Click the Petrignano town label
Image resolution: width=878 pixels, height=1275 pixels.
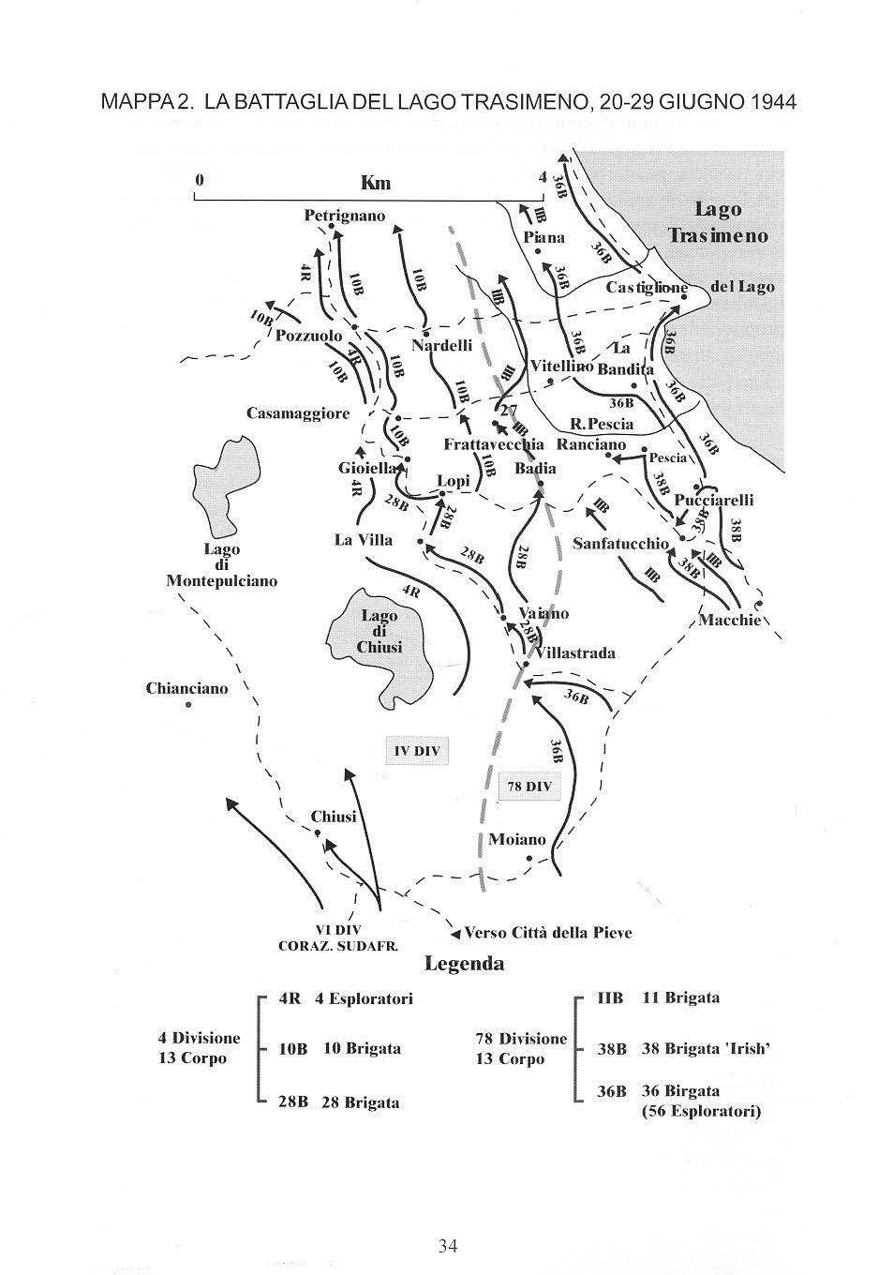point(345,216)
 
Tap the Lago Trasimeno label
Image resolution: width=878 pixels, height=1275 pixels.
point(718,222)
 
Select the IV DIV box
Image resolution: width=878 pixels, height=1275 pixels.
point(417,751)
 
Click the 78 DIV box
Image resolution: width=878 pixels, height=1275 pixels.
point(529,787)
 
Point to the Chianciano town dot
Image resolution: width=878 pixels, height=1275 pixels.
point(188,704)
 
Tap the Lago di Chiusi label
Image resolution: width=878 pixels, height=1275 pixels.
point(379,631)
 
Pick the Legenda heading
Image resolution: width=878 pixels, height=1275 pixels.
point(465,963)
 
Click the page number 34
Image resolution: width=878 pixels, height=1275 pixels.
point(447,1245)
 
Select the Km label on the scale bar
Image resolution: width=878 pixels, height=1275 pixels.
point(376,183)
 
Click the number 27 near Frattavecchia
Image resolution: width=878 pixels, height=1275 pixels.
point(509,410)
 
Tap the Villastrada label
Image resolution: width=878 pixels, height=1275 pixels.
point(574,652)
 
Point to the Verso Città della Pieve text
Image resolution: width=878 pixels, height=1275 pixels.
point(548,933)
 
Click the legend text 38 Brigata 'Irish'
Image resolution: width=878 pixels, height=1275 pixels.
point(705,1049)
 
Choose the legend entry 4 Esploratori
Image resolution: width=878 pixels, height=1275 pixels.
point(364,998)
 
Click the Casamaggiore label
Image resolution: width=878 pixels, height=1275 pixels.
point(298,413)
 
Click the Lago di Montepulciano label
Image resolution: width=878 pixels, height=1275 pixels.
point(222,565)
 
